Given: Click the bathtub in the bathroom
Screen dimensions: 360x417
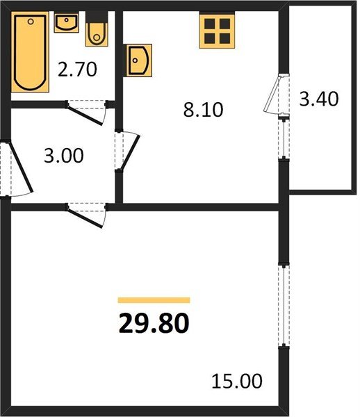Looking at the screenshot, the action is pyautogui.click(x=30, y=52).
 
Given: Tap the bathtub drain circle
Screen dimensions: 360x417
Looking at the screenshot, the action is pyautogui.click(x=31, y=22).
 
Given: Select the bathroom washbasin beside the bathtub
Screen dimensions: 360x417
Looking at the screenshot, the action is pyautogui.click(x=67, y=22).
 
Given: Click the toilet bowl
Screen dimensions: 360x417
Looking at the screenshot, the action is pyautogui.click(x=97, y=35).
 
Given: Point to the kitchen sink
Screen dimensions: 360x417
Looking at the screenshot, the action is pyautogui.click(x=139, y=60).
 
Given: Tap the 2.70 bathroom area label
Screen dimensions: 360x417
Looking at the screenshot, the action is pyautogui.click(x=77, y=69).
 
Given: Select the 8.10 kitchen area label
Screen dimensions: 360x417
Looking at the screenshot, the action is pyautogui.click(x=204, y=110).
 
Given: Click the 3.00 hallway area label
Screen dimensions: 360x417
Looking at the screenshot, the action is pyautogui.click(x=64, y=156).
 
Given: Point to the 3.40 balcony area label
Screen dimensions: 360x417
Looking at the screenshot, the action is pyautogui.click(x=319, y=99).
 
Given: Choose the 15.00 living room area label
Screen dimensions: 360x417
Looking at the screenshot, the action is pyautogui.click(x=237, y=381).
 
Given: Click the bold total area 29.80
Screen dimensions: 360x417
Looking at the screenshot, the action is pyautogui.click(x=154, y=323).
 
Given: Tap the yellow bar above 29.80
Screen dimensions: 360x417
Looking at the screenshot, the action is pyautogui.click(x=154, y=300).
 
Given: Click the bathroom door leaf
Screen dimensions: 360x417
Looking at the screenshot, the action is pyautogui.click(x=85, y=115).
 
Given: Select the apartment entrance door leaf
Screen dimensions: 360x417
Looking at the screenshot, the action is pyautogui.click(x=22, y=167).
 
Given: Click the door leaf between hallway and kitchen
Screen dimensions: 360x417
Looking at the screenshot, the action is pyautogui.click(x=130, y=152).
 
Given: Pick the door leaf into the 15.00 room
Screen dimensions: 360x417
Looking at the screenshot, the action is pyautogui.click(x=85, y=218).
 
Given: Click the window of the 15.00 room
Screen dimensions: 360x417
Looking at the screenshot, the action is pyautogui.click(x=284, y=305).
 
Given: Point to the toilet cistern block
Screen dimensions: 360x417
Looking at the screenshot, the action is pyautogui.click(x=97, y=17).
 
